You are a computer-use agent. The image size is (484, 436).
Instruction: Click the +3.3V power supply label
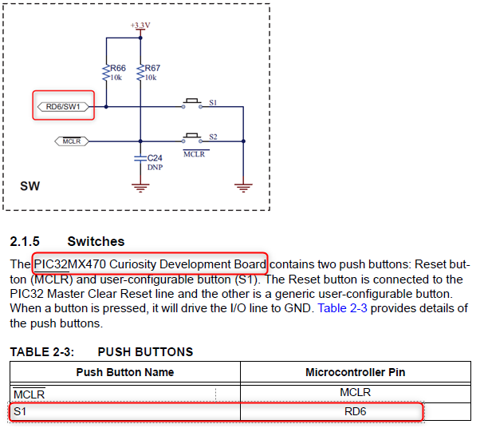(x=140, y=26)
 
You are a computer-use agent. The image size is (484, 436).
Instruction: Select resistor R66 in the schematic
(x=106, y=73)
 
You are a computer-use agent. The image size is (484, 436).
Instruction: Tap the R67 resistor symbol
(x=140, y=73)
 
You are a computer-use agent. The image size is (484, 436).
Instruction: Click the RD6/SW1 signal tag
(x=65, y=105)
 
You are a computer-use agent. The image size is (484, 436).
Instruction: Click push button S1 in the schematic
(x=191, y=103)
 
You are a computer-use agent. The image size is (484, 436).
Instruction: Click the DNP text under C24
(x=155, y=168)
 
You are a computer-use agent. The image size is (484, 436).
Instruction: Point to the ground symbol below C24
(x=140, y=188)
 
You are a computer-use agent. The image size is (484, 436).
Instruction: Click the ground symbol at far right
(x=242, y=188)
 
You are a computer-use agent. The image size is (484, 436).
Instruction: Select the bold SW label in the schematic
(x=30, y=187)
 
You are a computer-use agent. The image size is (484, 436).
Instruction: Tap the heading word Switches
(x=96, y=240)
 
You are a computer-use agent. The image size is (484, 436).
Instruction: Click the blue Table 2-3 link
(x=344, y=307)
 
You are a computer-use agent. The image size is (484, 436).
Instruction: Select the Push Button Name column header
(x=124, y=372)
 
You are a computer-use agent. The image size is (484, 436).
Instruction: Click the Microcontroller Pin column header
(x=355, y=372)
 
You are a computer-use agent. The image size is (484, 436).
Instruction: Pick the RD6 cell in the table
(x=355, y=412)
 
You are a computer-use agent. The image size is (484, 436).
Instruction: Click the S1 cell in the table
(x=21, y=412)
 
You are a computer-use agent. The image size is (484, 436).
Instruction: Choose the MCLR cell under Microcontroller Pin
(x=355, y=392)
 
